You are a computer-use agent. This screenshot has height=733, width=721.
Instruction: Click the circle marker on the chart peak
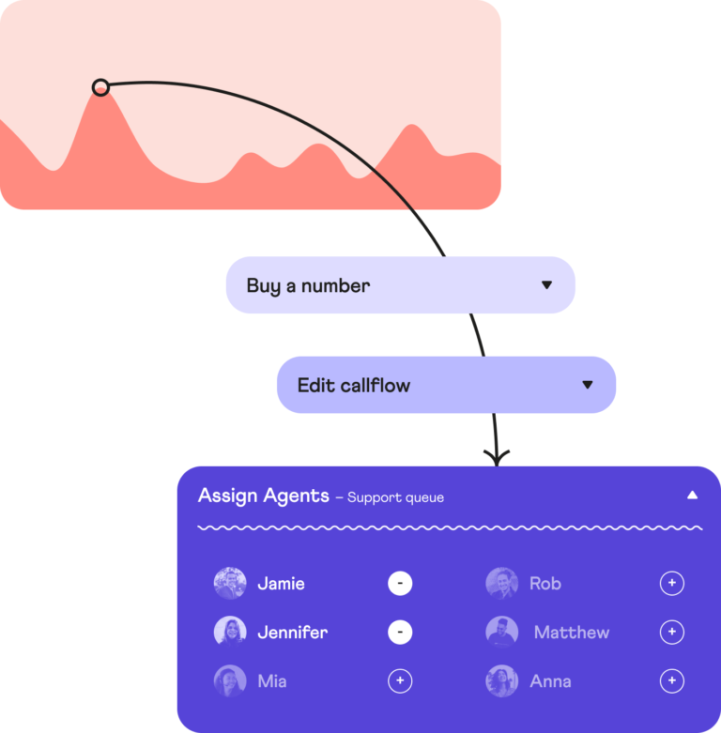[100, 87]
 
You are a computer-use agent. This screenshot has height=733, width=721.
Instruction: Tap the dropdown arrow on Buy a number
[546, 285]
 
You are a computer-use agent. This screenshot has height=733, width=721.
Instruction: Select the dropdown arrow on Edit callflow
[588, 385]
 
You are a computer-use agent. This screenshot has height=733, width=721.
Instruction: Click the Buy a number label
[308, 285]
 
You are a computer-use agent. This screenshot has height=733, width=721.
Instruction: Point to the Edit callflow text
[354, 385]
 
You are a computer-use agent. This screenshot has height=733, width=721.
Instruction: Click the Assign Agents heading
[264, 496]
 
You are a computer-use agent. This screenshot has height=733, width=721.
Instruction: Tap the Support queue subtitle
[395, 497]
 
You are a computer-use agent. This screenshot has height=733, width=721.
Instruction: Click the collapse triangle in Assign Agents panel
[692, 495]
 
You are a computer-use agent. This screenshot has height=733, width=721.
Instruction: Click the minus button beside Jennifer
[400, 633]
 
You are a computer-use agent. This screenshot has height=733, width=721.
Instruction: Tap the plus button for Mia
[400, 681]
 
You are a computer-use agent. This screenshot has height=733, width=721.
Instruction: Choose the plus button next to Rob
[672, 584]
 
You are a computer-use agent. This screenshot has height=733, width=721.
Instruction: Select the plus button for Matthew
[672, 633]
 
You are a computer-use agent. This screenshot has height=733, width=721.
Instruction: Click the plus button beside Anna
[672, 681]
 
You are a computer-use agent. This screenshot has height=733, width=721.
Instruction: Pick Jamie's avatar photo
[230, 584]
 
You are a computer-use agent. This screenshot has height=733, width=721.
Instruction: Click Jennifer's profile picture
[230, 632]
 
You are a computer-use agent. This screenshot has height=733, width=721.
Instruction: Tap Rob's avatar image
[502, 584]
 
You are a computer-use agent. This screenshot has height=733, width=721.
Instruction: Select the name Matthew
[571, 633]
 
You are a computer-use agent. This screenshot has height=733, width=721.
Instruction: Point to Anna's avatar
[502, 681]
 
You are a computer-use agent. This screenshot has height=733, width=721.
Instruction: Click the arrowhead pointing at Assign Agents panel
[497, 458]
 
